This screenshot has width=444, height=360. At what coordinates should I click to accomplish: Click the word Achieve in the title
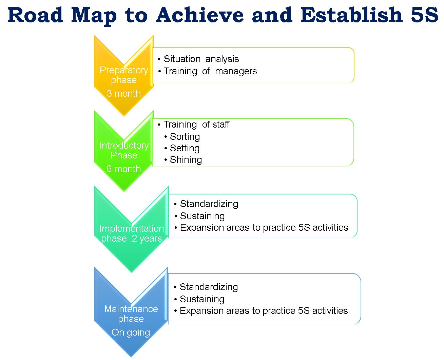200,15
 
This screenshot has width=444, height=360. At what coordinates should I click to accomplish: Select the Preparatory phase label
124,75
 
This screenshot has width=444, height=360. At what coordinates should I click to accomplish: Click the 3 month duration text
123,94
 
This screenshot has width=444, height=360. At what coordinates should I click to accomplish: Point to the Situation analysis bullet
201,59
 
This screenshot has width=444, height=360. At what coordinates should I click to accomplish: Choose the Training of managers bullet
210,71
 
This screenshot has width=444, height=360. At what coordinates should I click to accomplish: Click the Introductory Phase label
124,150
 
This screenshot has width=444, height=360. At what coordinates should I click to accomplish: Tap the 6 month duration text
123,169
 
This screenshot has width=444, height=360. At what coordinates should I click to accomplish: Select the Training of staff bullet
196,125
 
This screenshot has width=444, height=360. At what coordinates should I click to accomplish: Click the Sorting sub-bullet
185,137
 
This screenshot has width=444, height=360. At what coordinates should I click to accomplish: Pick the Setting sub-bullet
185,148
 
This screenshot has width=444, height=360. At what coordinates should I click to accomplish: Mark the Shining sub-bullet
186,160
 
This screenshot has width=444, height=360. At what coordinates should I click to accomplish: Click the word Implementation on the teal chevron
131,229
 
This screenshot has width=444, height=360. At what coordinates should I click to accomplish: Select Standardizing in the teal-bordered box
209,204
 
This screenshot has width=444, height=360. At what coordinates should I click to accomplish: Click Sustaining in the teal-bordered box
202,216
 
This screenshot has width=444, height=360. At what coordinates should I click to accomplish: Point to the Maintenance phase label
131,314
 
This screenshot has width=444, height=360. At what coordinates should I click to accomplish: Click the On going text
131,333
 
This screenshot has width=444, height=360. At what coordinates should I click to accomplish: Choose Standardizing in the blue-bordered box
209,287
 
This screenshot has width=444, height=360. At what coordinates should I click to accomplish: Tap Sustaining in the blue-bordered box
202,299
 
